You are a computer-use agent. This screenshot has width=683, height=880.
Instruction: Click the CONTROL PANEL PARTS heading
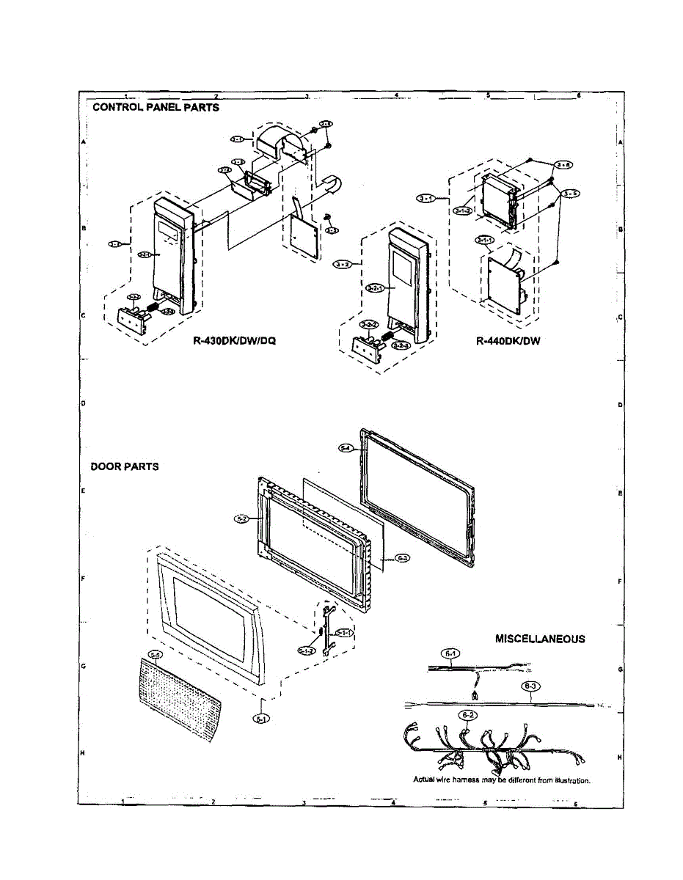(x=156, y=107)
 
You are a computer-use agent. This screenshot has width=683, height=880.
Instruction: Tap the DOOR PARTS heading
(x=124, y=466)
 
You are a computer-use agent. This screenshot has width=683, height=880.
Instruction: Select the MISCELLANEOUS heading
(x=540, y=639)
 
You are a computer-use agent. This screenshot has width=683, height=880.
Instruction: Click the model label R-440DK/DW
(x=508, y=340)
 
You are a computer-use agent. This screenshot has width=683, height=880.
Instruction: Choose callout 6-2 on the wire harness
(x=466, y=714)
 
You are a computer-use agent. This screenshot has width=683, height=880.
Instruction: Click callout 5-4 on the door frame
(x=348, y=447)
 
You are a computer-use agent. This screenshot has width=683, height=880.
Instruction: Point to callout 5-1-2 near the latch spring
(x=307, y=650)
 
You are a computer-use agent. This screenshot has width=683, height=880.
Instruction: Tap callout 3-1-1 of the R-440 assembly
(x=484, y=241)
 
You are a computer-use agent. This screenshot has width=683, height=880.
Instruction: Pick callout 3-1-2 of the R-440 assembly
(x=462, y=211)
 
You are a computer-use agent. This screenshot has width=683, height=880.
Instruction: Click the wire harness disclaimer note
(x=502, y=780)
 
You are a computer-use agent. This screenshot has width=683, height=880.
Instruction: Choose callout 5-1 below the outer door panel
(x=262, y=719)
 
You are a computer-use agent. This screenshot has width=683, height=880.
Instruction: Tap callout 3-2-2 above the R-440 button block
(x=369, y=324)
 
